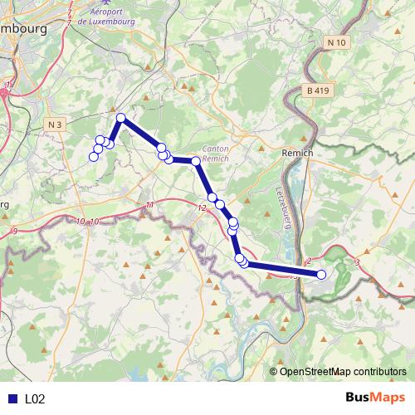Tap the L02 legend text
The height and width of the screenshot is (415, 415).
[x=34, y=398]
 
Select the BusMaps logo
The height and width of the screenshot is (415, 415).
[x=374, y=398]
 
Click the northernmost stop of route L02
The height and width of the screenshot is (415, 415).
[x=121, y=118]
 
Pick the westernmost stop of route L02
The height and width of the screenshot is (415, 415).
[x=93, y=157]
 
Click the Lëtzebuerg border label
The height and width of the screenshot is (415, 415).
[x=281, y=203]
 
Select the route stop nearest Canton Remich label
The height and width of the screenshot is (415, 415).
[x=196, y=161]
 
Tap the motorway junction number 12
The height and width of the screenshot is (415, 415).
[x=202, y=207]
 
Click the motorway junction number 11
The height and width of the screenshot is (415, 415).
[x=149, y=203]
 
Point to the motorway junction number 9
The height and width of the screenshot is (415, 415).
[x=15, y=231]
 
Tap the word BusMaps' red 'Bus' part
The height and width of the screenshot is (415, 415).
[x=360, y=398]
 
